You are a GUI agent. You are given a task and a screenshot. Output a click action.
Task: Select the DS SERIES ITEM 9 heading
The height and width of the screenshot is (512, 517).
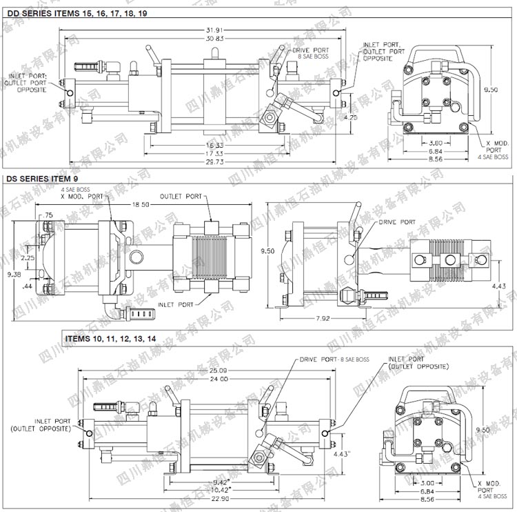click(41, 179)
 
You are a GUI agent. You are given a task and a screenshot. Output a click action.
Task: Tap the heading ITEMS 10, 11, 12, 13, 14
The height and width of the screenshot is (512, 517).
click(110, 339)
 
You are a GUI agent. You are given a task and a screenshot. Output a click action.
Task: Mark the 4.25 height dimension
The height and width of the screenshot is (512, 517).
click(350, 117)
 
